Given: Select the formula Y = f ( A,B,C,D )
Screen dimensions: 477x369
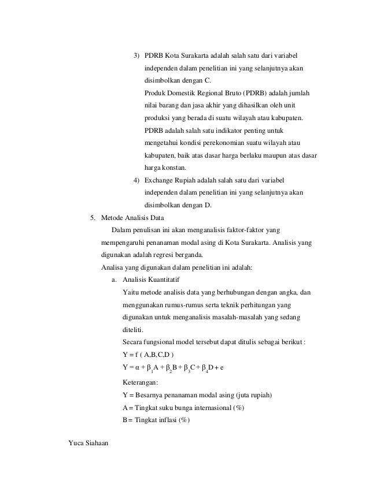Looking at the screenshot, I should click(x=149, y=354).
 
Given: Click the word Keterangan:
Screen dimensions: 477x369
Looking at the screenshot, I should click(x=141, y=382).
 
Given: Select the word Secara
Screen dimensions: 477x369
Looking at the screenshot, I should click(x=134, y=342).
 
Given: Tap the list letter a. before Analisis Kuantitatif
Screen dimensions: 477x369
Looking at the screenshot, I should click(x=113, y=280).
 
